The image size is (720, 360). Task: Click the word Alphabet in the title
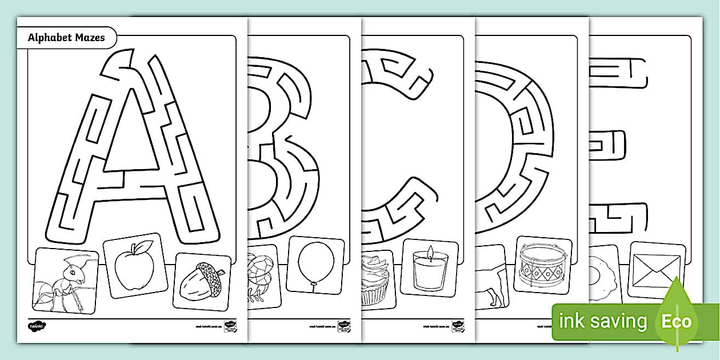point(49,38)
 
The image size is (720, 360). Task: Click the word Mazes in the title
point(90,38)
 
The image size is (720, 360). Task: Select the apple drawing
point(135,266)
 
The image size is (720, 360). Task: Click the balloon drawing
point(314,265)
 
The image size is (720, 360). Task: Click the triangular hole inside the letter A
point(130,140)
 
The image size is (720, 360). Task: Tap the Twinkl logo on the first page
point(36,326)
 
